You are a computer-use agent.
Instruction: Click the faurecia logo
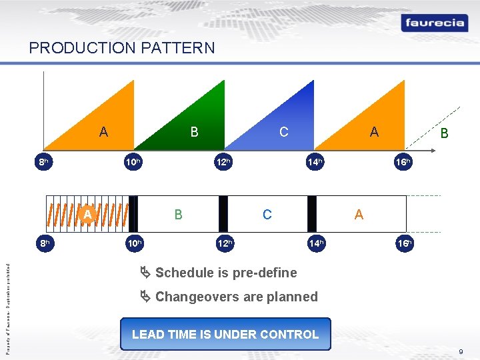(433, 23)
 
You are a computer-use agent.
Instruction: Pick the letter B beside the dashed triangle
(444, 134)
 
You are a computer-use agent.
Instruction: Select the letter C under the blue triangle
(284, 132)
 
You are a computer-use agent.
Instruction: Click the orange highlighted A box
(87, 213)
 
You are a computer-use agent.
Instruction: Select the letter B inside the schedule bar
(178, 214)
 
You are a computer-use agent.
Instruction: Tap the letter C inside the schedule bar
(267, 214)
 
